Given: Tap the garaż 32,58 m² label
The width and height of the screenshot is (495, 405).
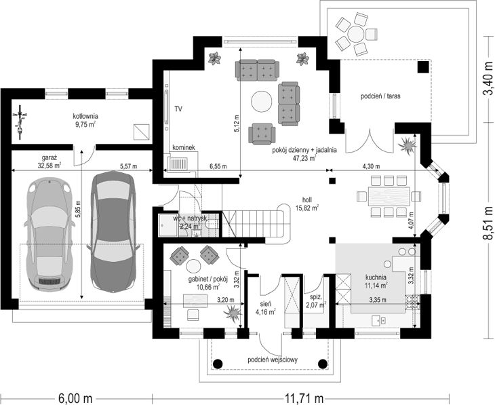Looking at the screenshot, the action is [49, 161].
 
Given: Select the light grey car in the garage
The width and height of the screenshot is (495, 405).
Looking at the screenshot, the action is [49, 234].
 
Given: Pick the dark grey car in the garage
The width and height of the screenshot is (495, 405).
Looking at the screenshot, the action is [113, 231].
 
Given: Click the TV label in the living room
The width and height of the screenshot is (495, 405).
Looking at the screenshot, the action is [178, 109].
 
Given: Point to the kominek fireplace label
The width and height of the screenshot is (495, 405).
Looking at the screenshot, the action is [184, 147].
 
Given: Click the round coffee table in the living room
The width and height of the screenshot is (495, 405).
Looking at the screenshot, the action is [261, 101].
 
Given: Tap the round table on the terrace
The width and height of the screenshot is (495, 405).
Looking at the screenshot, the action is [356, 33].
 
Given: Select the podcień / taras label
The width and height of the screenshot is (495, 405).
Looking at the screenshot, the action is [380, 96].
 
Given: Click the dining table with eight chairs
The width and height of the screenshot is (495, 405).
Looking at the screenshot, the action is [389, 196].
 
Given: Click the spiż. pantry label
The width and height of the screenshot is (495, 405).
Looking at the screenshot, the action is [316, 301].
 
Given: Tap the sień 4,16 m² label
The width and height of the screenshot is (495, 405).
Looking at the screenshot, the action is [265, 308].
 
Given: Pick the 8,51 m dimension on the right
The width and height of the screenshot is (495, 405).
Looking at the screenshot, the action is [488, 224].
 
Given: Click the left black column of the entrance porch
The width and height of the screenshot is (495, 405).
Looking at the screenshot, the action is [218, 364].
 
